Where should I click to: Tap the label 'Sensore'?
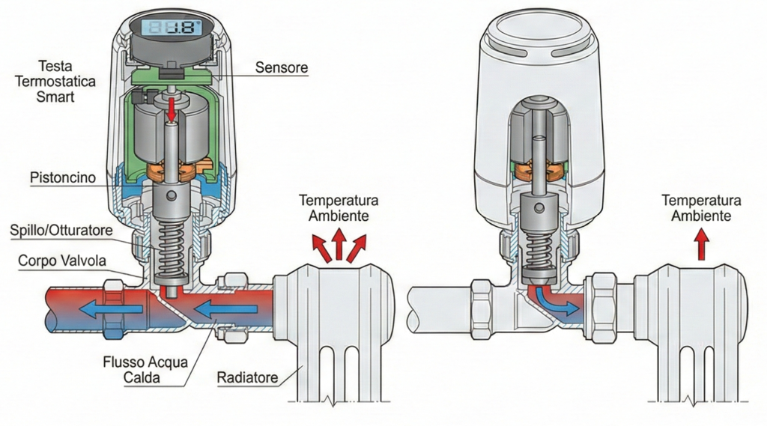tap(282, 67)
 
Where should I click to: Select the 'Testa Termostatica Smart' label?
tap(55, 81)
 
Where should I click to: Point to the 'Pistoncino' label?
tap(63, 177)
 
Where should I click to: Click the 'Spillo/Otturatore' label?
tap(61, 230)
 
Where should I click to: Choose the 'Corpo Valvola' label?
tap(62, 261)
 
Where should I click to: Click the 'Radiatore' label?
tap(247, 377)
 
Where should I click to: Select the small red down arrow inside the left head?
tap(172, 109)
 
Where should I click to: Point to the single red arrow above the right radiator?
tap(703, 245)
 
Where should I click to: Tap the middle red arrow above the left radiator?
tap(339, 244)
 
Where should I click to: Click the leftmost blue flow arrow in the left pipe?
tap(112, 309)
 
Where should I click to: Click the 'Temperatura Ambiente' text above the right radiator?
tap(701, 208)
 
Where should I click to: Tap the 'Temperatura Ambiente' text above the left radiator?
tap(339, 208)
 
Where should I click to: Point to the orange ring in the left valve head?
tap(172, 172)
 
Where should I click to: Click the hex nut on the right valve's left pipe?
tap(481, 310)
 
